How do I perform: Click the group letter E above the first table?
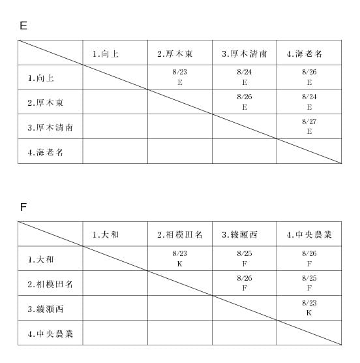(x=23, y=25)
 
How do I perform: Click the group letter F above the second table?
(x=23, y=207)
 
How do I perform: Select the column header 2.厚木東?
(x=175, y=54)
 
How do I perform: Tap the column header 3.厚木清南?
(x=245, y=54)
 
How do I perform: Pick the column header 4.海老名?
(x=305, y=54)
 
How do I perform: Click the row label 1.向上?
(x=41, y=78)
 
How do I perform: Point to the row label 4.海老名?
(x=45, y=152)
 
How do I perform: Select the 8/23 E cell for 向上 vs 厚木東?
(x=179, y=77)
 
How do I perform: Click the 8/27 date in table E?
(x=309, y=121)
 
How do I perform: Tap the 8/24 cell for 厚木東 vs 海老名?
(x=309, y=102)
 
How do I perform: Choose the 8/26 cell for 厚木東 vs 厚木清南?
(x=245, y=102)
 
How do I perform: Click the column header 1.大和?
(x=106, y=235)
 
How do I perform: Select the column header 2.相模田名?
(x=179, y=235)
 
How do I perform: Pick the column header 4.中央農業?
(x=309, y=235)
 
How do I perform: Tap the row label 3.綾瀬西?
(x=45, y=309)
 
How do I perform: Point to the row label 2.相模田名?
(x=50, y=284)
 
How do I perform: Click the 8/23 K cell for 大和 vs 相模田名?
(x=179, y=259)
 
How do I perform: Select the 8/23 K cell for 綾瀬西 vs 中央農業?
(x=309, y=308)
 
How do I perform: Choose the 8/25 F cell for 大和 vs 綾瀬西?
(x=245, y=259)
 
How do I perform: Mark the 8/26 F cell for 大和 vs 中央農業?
(x=309, y=259)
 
